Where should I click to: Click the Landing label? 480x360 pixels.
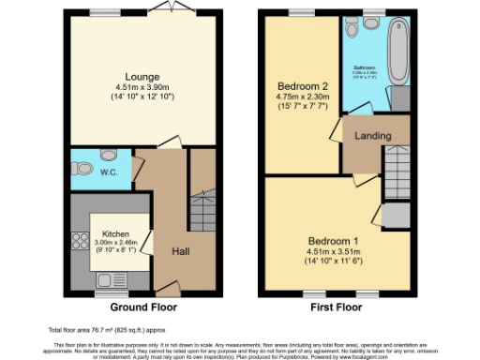tap(371, 136)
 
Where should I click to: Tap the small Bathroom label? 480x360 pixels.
tap(364, 67)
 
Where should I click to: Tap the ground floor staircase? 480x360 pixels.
tap(202, 210)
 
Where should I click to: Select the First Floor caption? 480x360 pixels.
tap(335, 307)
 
